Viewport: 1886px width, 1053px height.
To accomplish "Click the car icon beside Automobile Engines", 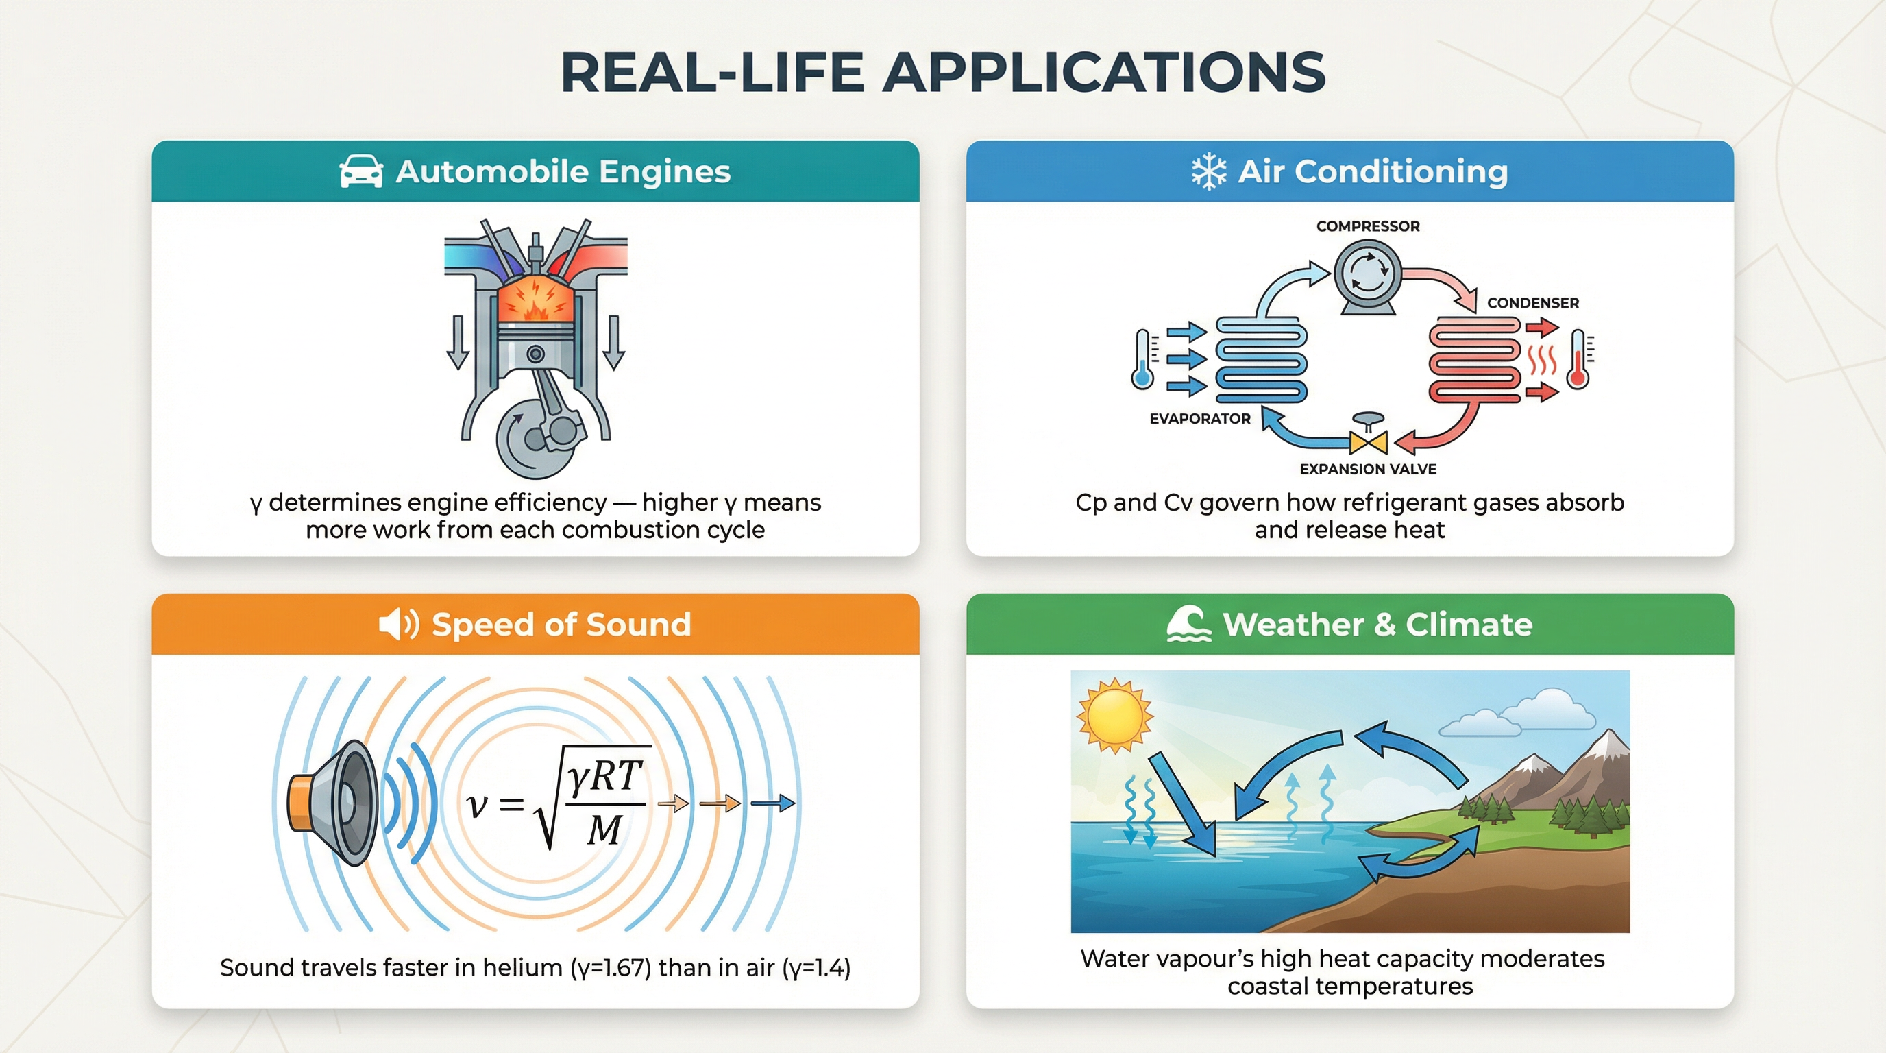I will coord(361,171).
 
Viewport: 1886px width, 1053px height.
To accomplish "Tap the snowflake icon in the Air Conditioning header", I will coord(1208,171).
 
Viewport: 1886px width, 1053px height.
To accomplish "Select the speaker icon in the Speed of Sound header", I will coord(398,625).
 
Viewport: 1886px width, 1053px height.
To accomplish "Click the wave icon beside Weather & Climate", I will coord(1188,625).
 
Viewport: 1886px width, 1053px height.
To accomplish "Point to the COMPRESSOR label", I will coord(1368,226).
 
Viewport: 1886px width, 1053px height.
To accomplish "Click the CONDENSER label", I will coord(1532,302).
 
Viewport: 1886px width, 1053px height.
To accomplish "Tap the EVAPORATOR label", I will coord(1199,418).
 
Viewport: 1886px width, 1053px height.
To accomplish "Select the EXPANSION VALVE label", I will coord(1368,469).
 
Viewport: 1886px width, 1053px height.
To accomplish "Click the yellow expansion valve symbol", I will coord(1368,442).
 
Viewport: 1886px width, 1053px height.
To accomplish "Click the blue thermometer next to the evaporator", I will coord(1142,359).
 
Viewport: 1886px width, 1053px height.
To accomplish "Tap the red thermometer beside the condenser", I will coord(1578,359).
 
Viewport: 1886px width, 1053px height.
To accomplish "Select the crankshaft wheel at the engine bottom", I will coord(535,438).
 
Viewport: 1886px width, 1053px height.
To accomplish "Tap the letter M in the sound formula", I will coord(604,830).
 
